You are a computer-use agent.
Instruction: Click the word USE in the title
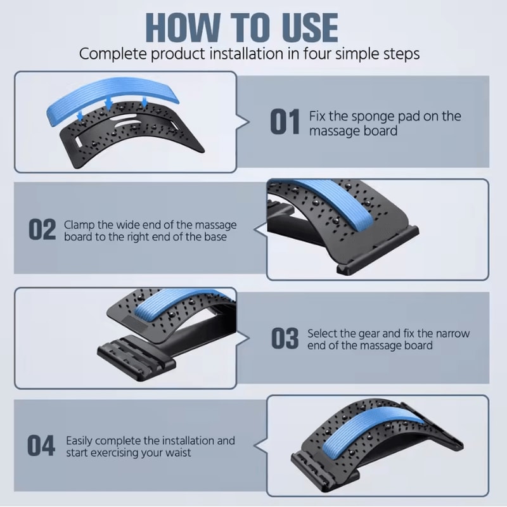point(310,28)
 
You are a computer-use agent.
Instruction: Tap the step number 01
point(285,122)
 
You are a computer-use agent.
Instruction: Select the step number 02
point(42,229)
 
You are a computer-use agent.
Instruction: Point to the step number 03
point(285,338)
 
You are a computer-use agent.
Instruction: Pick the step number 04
point(41,446)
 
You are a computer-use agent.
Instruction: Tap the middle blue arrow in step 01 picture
point(108,104)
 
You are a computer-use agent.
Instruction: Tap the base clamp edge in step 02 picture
point(378,250)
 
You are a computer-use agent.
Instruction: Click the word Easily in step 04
point(79,441)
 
